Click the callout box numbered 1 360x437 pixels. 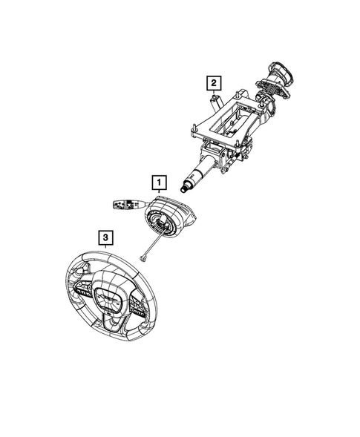pos(158,180)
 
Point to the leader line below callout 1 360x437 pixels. pos(158,192)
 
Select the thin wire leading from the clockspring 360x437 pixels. pos(151,242)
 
